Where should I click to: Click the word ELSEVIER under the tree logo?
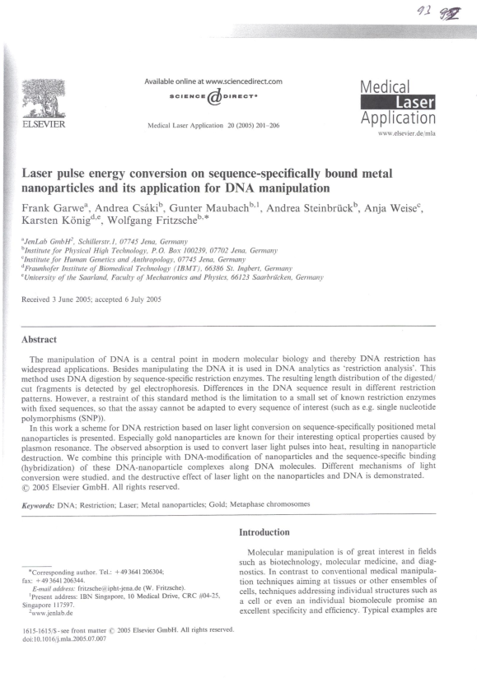(x=39, y=126)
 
